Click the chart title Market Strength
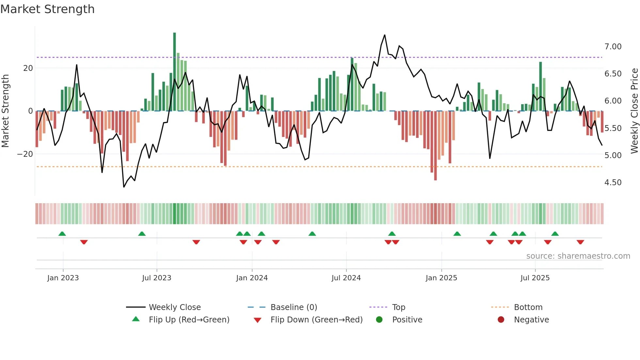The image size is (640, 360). [47, 9]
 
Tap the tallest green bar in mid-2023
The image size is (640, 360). [174, 72]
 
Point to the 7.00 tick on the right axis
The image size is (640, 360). [613, 47]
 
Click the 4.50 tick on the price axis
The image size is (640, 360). [613, 183]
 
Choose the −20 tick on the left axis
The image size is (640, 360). [25, 154]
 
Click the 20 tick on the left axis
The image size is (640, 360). [28, 68]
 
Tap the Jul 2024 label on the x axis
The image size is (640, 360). [346, 278]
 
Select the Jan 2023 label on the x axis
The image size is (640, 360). [63, 278]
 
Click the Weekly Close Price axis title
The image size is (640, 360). [634, 111]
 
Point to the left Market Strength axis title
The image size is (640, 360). [5, 111]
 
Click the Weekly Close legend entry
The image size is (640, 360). [175, 307]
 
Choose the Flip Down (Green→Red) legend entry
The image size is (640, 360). [316, 320]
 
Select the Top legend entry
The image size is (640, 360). [398, 307]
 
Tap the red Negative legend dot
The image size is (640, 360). [501, 320]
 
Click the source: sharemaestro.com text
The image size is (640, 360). [578, 256]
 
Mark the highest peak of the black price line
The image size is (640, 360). [385, 35]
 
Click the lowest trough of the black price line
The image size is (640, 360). [124, 187]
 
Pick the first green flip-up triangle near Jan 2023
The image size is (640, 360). [62, 234]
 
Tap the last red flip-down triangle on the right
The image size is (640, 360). [580, 242]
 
